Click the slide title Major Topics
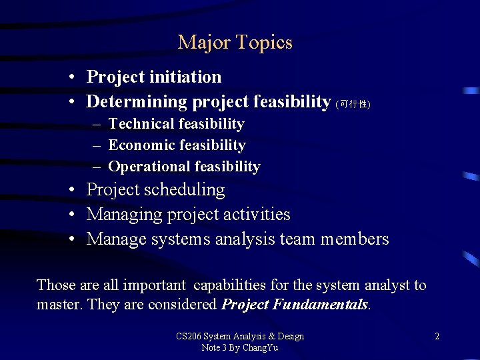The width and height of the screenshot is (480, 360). click(x=235, y=43)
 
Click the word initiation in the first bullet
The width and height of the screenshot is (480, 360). click(x=189, y=77)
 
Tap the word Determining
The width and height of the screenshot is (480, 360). click(x=137, y=102)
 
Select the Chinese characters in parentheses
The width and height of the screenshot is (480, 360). click(x=353, y=104)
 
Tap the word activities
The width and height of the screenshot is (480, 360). click(x=258, y=215)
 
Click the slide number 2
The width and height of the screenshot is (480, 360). click(x=437, y=337)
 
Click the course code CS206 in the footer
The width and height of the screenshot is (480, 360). click(x=189, y=336)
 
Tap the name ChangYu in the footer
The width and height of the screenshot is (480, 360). click(x=261, y=348)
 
